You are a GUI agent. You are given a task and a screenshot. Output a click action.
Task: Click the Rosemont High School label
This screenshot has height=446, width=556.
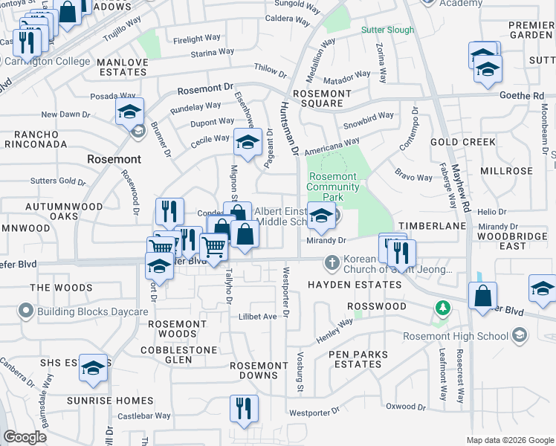pos(454,336)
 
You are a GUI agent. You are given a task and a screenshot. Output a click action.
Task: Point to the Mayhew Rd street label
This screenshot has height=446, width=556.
pos(466,193)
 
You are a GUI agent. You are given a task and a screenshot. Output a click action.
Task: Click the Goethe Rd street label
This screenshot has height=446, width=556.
pos(528,96)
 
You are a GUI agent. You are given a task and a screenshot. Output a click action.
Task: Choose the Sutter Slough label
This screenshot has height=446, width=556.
pos(387,30)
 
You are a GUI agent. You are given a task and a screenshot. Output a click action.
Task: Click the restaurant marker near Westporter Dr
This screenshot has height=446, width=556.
pos(243,408)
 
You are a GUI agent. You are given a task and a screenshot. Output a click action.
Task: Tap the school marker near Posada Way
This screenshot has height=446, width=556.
pos(129,112)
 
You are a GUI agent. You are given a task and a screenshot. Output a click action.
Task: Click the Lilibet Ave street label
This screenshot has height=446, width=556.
pos(257,316)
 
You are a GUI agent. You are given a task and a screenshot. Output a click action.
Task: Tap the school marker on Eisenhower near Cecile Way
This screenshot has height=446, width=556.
pos(248,141)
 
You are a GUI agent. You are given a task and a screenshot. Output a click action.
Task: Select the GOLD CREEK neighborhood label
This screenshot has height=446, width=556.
pos(462,141)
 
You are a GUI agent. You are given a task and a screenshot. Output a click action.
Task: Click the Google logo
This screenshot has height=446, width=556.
pos(25,437)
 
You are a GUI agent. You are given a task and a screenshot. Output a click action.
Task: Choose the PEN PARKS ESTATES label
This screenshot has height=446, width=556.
pos(357,358)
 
